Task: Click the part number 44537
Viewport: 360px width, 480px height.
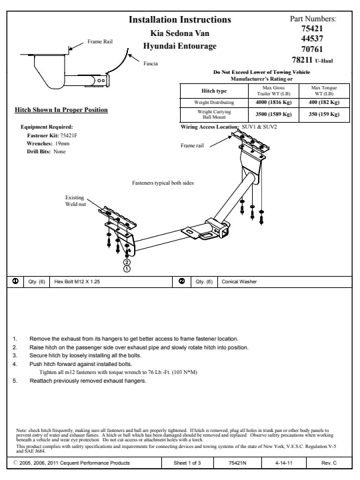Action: coord(312,39)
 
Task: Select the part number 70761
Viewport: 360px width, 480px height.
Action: coord(312,49)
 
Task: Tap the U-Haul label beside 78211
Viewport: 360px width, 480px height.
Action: coord(324,61)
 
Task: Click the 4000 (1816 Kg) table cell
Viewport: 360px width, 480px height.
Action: coord(273,102)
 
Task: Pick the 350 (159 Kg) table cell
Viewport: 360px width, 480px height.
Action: coord(324,114)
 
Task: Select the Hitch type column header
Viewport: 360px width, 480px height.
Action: coord(214,91)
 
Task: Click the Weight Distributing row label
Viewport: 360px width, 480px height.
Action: coord(214,102)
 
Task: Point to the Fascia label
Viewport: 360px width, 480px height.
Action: coord(151,63)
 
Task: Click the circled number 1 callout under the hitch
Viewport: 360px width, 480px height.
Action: coord(127,269)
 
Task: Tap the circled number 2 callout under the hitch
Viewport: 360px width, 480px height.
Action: coord(127,262)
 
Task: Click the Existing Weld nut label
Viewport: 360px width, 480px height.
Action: coord(75,201)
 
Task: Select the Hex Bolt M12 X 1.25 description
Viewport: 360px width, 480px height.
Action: coord(77,281)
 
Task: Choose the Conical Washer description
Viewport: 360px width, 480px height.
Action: coord(239,281)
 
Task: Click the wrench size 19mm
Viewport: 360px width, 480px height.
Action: coord(62,143)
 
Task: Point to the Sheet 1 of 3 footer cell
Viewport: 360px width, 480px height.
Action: coord(187,463)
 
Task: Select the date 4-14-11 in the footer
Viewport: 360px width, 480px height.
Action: coord(283,463)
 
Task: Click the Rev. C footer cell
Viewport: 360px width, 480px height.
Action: coord(329,463)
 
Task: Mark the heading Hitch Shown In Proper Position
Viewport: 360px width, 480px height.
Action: coord(61,110)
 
